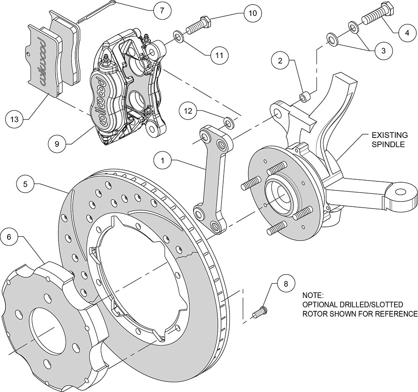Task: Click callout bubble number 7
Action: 162,11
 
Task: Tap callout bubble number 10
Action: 252,13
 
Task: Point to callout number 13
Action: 15,119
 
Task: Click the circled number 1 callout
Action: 163,161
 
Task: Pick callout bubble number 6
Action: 9,237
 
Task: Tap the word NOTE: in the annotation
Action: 312,295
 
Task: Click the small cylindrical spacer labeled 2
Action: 305,97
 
